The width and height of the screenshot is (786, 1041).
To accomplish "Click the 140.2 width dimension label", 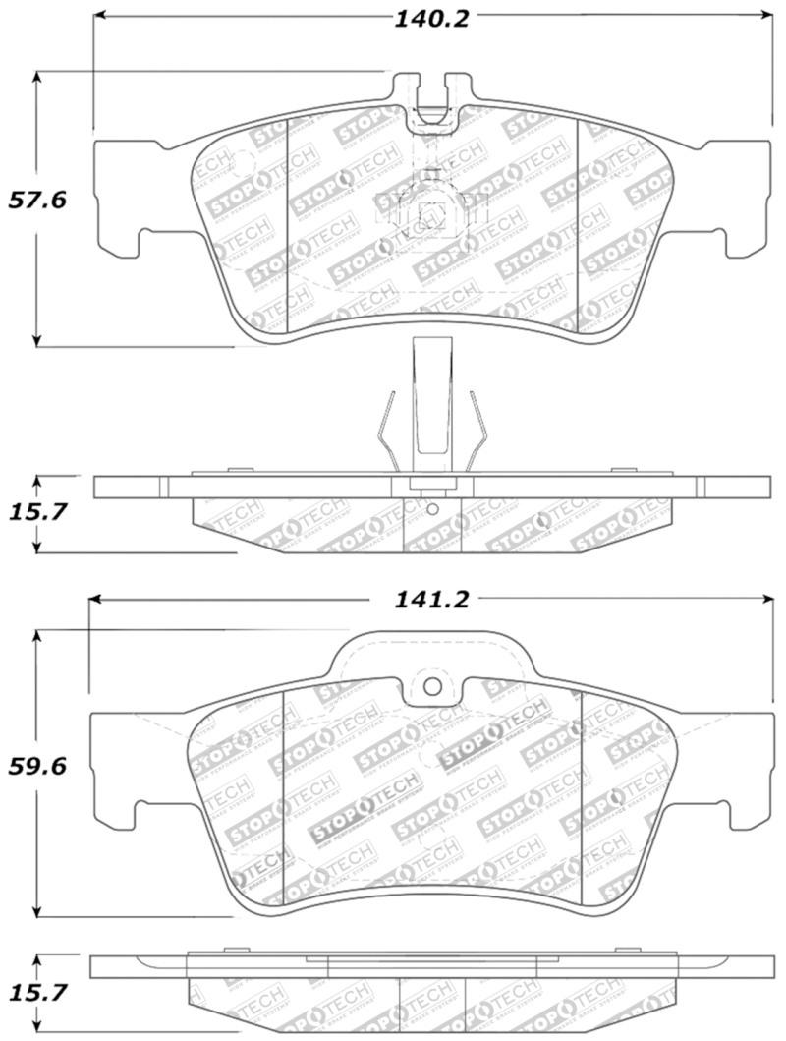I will pos(431,18).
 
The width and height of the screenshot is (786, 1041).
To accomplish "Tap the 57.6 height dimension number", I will pos(36,201).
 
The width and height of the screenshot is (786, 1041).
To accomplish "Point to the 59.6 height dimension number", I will pos(36,768).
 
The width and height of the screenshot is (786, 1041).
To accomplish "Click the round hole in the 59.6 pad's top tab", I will pos(429,687).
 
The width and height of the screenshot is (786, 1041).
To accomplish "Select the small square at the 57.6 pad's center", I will pos(429,212).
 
